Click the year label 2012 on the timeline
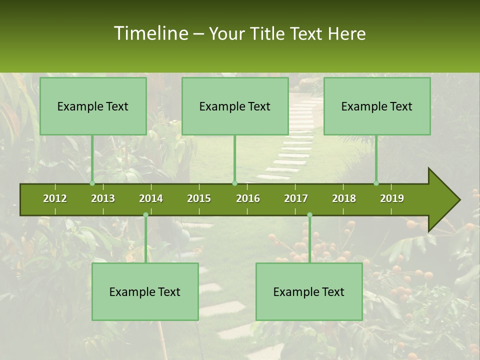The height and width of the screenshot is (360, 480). point(55,198)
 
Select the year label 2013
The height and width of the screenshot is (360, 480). point(103,198)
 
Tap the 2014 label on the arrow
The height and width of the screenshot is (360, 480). point(151,198)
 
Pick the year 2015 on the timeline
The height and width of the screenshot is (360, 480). point(199,198)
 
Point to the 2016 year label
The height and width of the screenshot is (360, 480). point(248,198)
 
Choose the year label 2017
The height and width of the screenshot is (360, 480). point(296,198)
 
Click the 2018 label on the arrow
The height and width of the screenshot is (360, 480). point(344,198)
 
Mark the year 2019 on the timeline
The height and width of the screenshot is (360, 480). point(392,198)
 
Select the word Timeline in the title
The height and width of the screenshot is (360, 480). point(150,33)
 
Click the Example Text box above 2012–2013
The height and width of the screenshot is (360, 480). point(93,106)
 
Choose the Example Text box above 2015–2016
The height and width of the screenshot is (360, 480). point(235,106)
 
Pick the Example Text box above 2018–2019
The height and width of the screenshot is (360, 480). point(377,106)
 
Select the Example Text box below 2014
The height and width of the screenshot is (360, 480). point(145,291)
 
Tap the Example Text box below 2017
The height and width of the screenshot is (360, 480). point(309,291)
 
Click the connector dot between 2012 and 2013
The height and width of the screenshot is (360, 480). point(92,183)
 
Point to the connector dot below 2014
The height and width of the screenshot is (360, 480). point(145,214)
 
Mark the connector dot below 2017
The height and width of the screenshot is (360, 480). point(309,214)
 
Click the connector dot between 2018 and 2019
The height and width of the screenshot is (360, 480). point(376,183)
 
